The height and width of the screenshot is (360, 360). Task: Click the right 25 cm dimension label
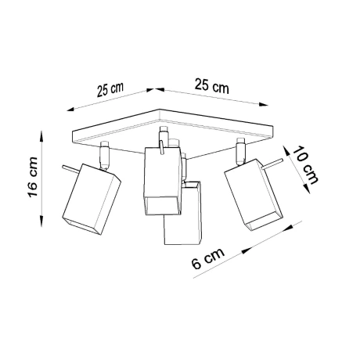click(211, 86)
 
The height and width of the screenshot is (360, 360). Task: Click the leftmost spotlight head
click(91, 201)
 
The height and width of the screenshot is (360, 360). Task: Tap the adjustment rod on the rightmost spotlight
click(268, 164)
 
